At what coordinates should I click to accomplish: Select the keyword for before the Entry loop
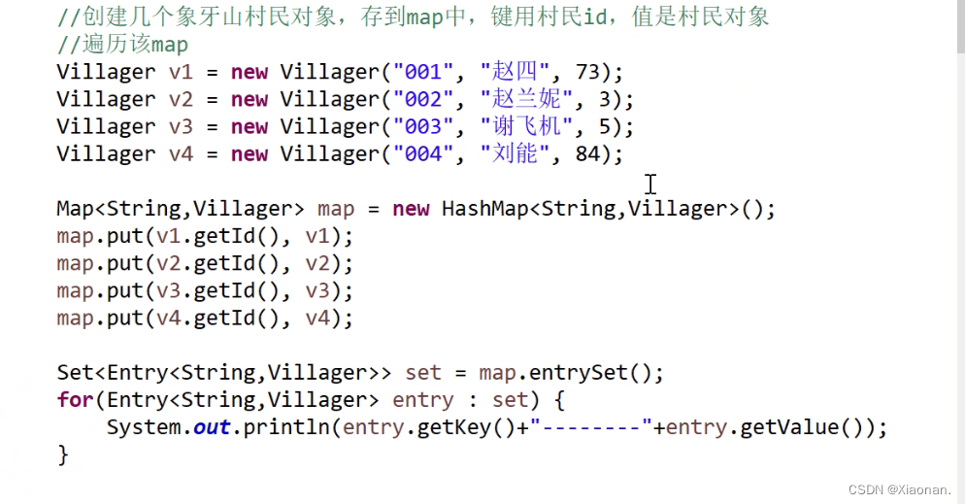coord(75,400)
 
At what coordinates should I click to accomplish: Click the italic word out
coord(211,427)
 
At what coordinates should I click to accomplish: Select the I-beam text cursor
coord(649,184)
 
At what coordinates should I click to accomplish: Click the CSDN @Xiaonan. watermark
coord(899,490)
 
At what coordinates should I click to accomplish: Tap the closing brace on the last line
coord(63,454)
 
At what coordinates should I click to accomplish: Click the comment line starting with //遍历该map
coord(122,45)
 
